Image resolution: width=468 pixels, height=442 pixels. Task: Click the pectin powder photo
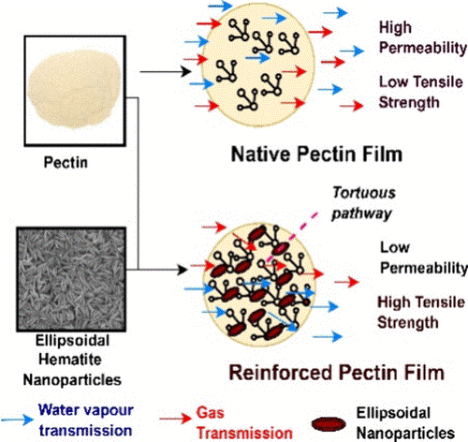(75, 91)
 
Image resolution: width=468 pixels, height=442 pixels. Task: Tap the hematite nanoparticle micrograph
(71, 279)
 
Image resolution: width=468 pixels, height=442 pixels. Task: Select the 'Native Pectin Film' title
(316, 155)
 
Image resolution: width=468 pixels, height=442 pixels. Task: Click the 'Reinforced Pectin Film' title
(337, 373)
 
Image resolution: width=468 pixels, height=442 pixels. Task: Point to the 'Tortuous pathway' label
(363, 203)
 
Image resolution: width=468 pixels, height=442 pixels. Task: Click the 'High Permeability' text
(423, 37)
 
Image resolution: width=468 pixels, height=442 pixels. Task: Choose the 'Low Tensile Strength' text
(421, 92)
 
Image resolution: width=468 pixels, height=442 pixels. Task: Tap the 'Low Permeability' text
(424, 258)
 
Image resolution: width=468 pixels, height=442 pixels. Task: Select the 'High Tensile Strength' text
(421, 312)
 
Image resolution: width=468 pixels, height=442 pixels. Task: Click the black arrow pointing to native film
(166, 71)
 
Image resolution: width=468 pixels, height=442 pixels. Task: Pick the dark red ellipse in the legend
(329, 424)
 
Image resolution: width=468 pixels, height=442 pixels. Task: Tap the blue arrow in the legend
(18, 420)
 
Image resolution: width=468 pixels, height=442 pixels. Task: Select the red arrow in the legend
(176, 419)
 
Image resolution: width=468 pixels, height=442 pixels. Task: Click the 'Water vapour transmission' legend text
(86, 420)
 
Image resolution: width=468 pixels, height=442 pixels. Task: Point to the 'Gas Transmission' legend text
(244, 423)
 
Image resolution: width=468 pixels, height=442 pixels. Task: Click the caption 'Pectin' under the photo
(66, 163)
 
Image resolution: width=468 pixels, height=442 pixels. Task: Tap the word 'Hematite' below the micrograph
(70, 360)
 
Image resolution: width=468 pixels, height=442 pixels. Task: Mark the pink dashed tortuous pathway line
(291, 238)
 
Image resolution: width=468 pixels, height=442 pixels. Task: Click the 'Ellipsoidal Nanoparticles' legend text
(405, 423)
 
